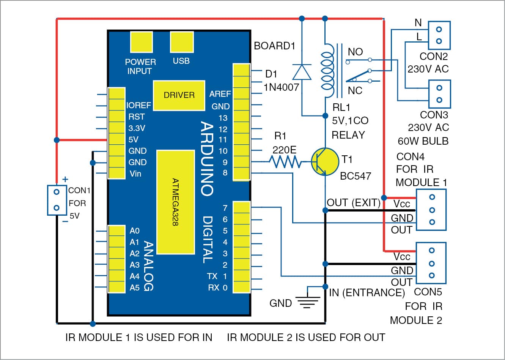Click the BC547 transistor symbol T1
click(x=325, y=162)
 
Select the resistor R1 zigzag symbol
click(x=285, y=162)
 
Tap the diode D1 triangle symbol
click(x=302, y=72)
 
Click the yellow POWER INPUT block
click(x=141, y=42)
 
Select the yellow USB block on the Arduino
click(x=181, y=42)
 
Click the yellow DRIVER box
click(x=179, y=95)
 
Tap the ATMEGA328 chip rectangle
click(x=175, y=202)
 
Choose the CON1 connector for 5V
click(x=57, y=200)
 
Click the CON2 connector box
click(x=439, y=35)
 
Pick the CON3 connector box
click(x=439, y=94)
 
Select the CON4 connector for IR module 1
click(x=431, y=210)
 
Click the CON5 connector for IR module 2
click(x=431, y=263)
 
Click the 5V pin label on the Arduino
click(x=133, y=139)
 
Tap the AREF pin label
click(x=220, y=94)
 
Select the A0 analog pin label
click(x=134, y=231)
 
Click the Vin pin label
click(x=135, y=174)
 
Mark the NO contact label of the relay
click(x=355, y=52)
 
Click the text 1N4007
click(x=281, y=87)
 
